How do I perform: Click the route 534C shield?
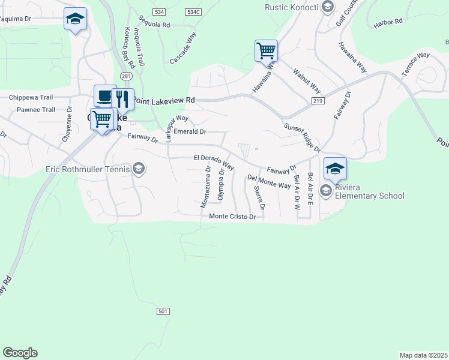point(193,12)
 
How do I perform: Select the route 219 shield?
point(318,101)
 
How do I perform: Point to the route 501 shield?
point(163,311)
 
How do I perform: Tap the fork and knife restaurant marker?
point(122,99)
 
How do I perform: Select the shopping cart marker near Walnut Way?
point(266,50)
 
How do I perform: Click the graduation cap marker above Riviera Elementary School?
point(335,169)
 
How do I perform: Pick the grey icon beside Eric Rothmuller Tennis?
point(139,169)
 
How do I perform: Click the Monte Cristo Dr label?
point(233,217)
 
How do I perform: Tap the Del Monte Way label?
point(269,182)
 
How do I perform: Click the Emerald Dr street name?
point(190,131)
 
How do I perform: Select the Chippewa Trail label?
point(31,97)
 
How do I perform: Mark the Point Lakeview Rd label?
point(164,100)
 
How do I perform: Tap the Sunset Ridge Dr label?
point(302,139)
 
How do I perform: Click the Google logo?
point(20,353)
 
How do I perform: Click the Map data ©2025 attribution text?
point(423,355)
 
